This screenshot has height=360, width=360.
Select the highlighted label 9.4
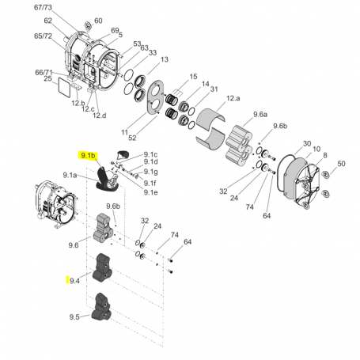click(x=74, y=280)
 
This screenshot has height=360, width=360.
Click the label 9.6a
click(x=260, y=113)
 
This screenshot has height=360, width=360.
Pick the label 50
click(x=341, y=164)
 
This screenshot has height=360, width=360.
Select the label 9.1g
click(x=150, y=172)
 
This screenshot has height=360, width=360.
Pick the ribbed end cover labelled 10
click(x=299, y=180)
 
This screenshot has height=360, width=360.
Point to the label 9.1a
click(x=70, y=175)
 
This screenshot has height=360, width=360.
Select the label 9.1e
click(x=150, y=191)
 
